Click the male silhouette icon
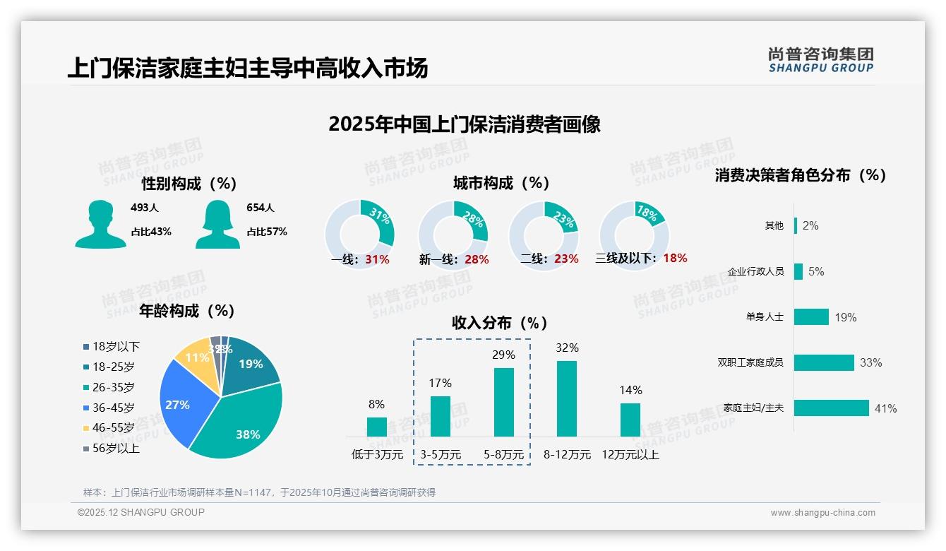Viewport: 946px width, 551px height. (100, 224)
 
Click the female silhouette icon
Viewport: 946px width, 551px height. (217, 224)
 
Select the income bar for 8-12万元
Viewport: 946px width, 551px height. (567, 398)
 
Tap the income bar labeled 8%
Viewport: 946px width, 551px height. (376, 427)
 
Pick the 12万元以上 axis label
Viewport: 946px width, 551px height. (630, 455)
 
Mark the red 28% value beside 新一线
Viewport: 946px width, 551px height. (477, 259)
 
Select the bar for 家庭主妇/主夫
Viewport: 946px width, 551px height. (831, 408)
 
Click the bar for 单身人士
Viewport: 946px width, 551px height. (811, 316)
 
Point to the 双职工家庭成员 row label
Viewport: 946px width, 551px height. (750, 362)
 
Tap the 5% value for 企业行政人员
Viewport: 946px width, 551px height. (816, 271)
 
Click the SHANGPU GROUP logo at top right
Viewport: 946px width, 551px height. (820, 60)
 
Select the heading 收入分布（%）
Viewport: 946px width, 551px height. (500, 323)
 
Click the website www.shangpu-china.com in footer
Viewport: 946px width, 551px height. (822, 513)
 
